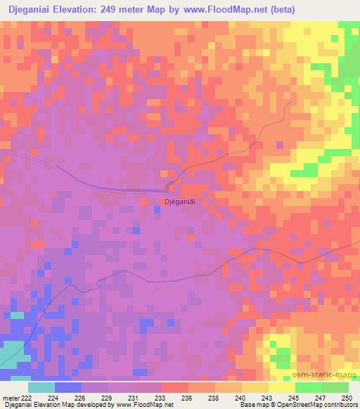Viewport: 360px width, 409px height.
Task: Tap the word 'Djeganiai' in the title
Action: pyautogui.click(x=36, y=9)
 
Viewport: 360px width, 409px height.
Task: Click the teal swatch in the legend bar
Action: pyautogui.click(x=41, y=387)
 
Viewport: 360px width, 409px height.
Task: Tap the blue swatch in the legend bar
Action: pyautogui.click(x=67, y=387)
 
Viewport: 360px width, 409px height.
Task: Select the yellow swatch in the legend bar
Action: pyautogui.click(x=281, y=387)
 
